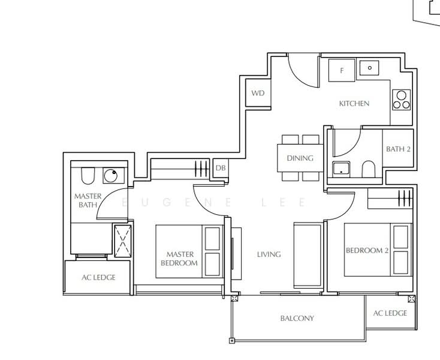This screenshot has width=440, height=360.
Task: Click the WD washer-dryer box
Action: point(258,93)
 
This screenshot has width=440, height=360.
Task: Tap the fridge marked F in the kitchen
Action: point(342,70)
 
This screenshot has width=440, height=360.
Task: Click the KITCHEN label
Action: point(354,104)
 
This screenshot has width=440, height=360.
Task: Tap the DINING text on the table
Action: point(300,159)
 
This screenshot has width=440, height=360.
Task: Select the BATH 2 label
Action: point(398,149)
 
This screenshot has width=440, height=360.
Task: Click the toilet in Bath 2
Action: point(369,169)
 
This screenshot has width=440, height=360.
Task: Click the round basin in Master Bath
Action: point(111,176)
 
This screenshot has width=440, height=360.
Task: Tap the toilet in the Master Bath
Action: point(88,175)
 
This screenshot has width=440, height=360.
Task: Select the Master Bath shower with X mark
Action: point(122,241)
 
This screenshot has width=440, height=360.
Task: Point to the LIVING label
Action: point(269,254)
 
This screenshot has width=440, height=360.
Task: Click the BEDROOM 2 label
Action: point(367,251)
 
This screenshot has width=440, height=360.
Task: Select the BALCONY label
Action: point(297,319)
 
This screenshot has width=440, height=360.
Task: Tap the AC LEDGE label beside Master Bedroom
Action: point(98,277)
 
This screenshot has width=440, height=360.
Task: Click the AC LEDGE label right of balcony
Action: point(390,313)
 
